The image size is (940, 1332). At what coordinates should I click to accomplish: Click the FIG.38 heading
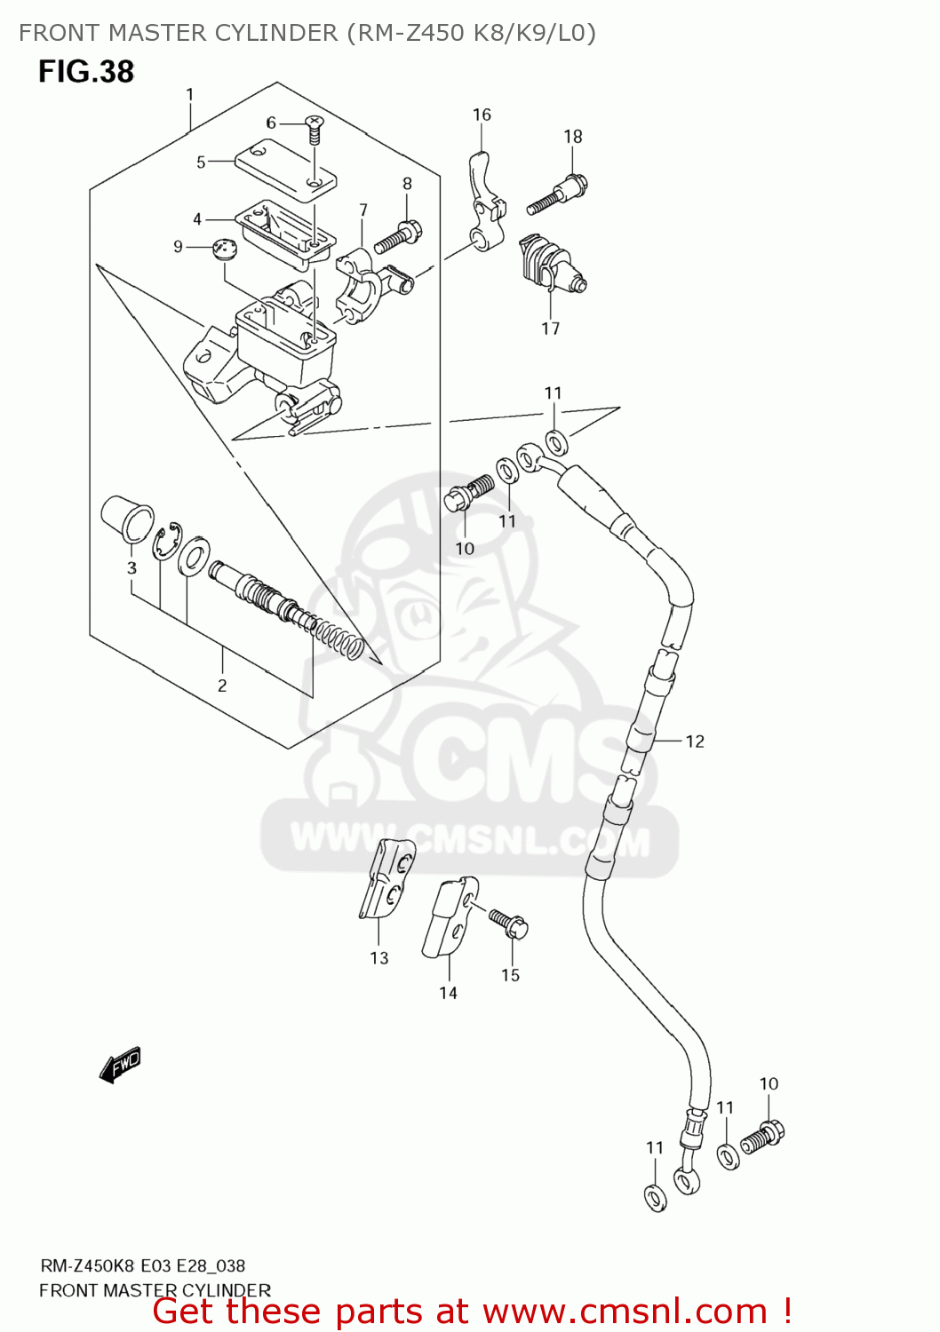[86, 72]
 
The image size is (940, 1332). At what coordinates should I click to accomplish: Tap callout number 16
[482, 115]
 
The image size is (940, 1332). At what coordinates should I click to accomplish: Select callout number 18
[573, 136]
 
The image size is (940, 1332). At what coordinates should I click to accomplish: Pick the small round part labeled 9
[227, 248]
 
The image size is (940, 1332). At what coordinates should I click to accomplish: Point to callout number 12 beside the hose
[695, 741]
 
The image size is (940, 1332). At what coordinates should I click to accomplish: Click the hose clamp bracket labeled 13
[387, 877]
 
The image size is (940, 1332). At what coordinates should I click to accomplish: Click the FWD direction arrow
[120, 1065]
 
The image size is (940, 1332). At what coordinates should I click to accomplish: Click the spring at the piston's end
[340, 640]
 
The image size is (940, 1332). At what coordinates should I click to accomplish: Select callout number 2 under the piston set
[222, 686]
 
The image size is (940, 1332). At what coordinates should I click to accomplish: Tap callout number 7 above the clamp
[363, 210]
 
